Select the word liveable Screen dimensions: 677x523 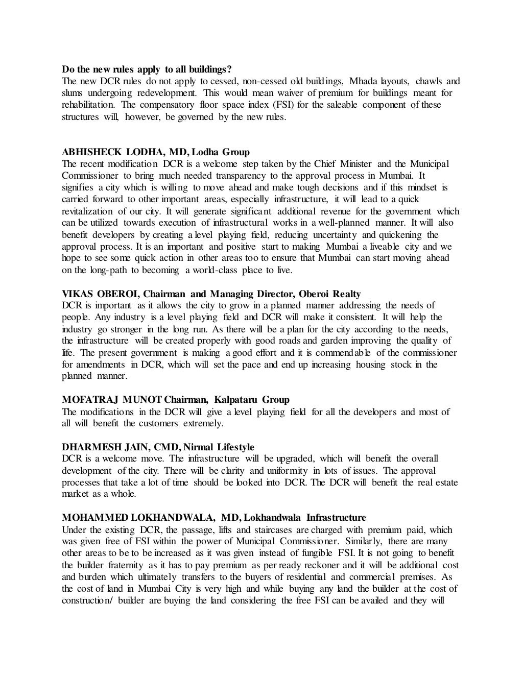380,247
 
